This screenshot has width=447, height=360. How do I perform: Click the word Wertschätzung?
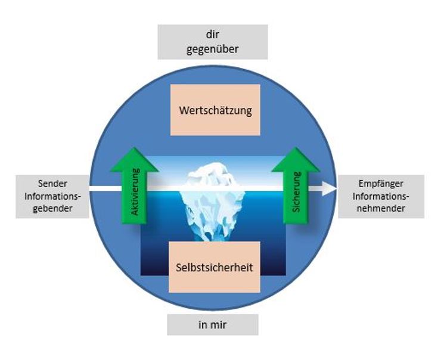click(x=215, y=110)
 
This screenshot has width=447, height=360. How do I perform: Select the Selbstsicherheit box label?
click(x=215, y=268)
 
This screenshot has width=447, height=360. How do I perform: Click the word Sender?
click(x=51, y=184)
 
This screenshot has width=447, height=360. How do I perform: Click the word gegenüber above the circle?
click(x=213, y=49)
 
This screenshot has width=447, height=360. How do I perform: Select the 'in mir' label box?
click(x=212, y=325)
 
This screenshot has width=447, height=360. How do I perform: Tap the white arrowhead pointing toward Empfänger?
click(x=330, y=190)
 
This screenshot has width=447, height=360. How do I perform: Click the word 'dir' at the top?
click(x=213, y=35)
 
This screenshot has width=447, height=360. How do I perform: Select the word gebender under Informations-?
click(x=51, y=208)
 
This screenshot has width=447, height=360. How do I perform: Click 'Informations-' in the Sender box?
click(x=52, y=196)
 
